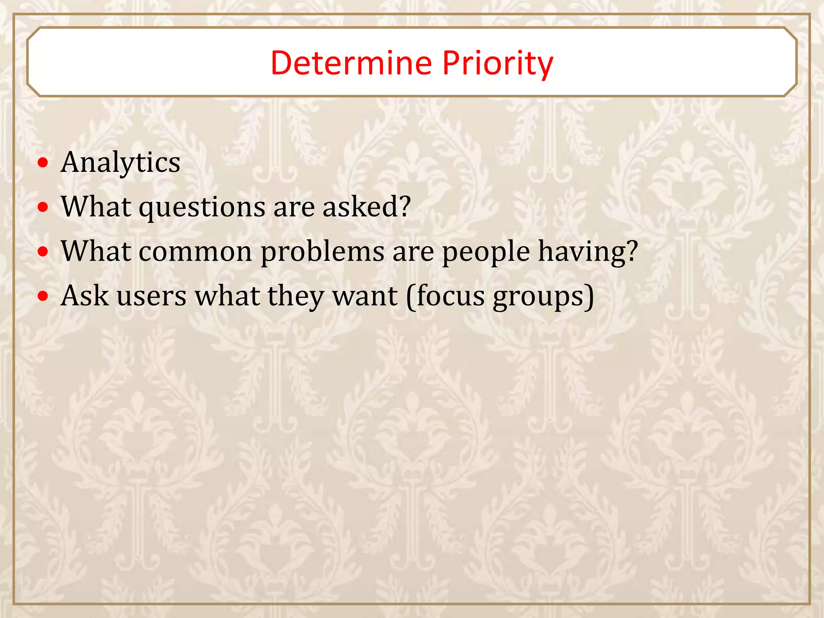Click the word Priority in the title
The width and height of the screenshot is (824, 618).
click(x=498, y=63)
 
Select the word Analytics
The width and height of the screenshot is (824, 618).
click(x=120, y=163)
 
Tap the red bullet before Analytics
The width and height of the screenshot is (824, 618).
click(x=43, y=163)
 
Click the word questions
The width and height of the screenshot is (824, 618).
click(x=202, y=207)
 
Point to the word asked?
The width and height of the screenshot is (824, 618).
click(x=367, y=207)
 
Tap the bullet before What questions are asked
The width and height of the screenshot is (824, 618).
click(x=43, y=208)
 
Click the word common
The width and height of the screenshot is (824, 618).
click(x=196, y=251)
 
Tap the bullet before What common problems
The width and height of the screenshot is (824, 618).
click(x=43, y=252)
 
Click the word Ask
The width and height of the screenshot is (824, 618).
click(x=84, y=296)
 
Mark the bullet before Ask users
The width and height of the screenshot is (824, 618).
click(x=43, y=297)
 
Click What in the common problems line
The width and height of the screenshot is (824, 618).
click(x=96, y=251)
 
